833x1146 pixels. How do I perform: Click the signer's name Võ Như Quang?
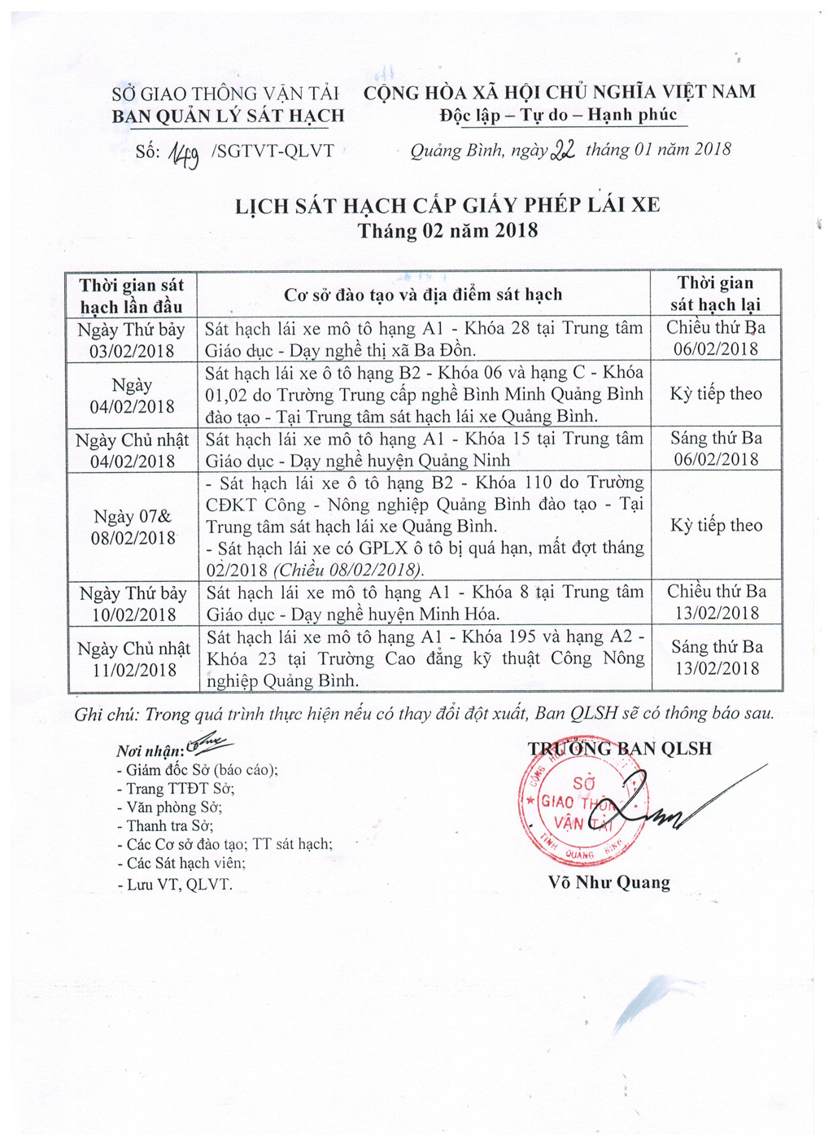pos(609,882)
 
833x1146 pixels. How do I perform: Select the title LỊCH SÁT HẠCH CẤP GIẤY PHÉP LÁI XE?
pos(447,204)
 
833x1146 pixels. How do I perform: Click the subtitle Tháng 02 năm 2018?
pos(447,230)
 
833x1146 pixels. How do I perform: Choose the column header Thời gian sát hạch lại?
pos(715,294)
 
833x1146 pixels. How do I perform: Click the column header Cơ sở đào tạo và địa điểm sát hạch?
pos(423,295)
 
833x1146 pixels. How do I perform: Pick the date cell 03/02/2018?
pos(132,351)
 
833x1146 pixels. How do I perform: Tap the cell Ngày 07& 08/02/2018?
pos(133,527)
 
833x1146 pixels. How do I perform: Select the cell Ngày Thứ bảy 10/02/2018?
pos(133,604)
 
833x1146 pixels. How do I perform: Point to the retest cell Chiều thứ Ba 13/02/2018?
pos(717,602)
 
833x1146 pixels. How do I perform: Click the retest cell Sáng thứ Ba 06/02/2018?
pos(716,448)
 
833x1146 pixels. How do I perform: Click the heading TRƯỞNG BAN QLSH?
pos(620,749)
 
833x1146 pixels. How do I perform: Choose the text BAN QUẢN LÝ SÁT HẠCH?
pos(228,116)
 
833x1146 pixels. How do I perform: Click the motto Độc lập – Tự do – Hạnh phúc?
pos(559,115)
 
